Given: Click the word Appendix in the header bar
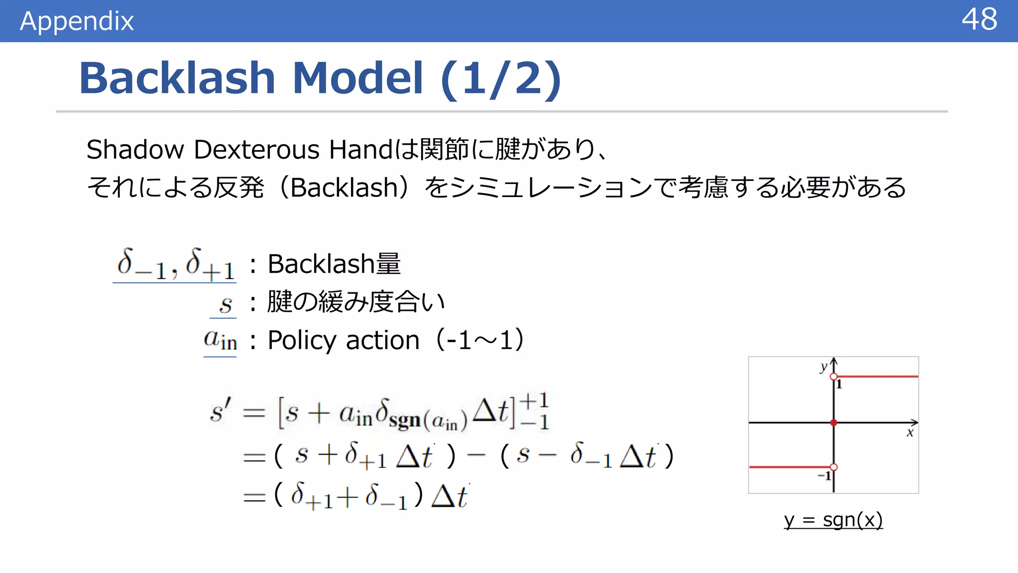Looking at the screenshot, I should click(77, 21).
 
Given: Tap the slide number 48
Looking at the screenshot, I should click(979, 20).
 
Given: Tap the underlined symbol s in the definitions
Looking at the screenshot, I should click(226, 304).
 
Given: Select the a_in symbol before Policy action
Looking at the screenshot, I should click(220, 340).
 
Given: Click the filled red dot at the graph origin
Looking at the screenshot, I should click(834, 423).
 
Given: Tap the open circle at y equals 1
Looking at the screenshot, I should click(834, 377).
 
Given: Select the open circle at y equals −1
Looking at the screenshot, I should click(834, 467).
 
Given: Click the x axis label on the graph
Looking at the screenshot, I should click(910, 433).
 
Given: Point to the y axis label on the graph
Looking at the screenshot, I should click(823, 367).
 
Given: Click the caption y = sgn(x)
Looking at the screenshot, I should click(833, 520).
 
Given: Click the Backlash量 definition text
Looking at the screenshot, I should click(334, 264).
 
